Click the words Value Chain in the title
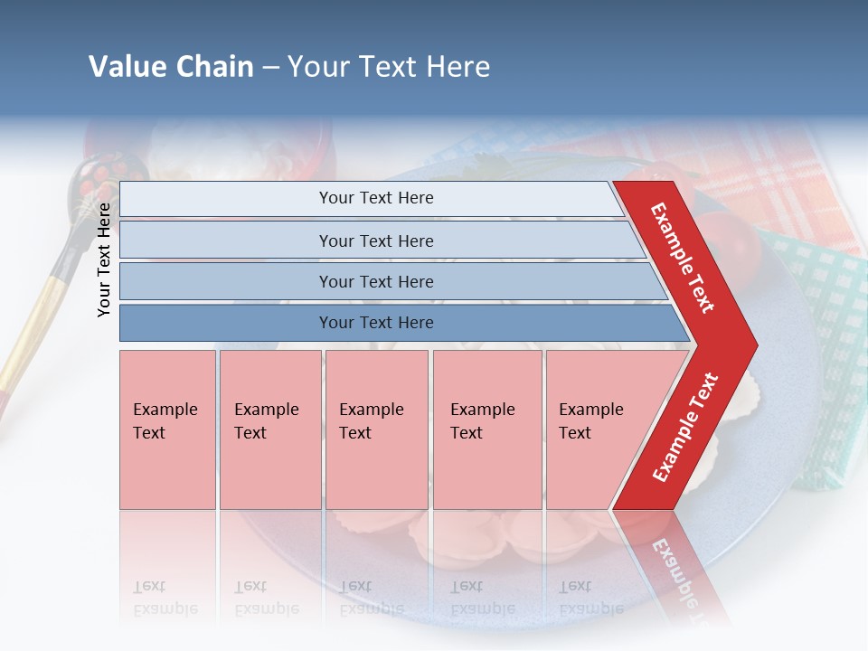point(171,67)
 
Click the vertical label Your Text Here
point(104,259)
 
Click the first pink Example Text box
point(167,429)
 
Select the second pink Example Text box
point(269,429)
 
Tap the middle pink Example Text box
point(376,429)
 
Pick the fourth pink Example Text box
point(486,429)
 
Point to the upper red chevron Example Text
point(684,258)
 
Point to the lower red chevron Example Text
point(685,427)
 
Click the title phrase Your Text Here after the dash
point(389,67)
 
